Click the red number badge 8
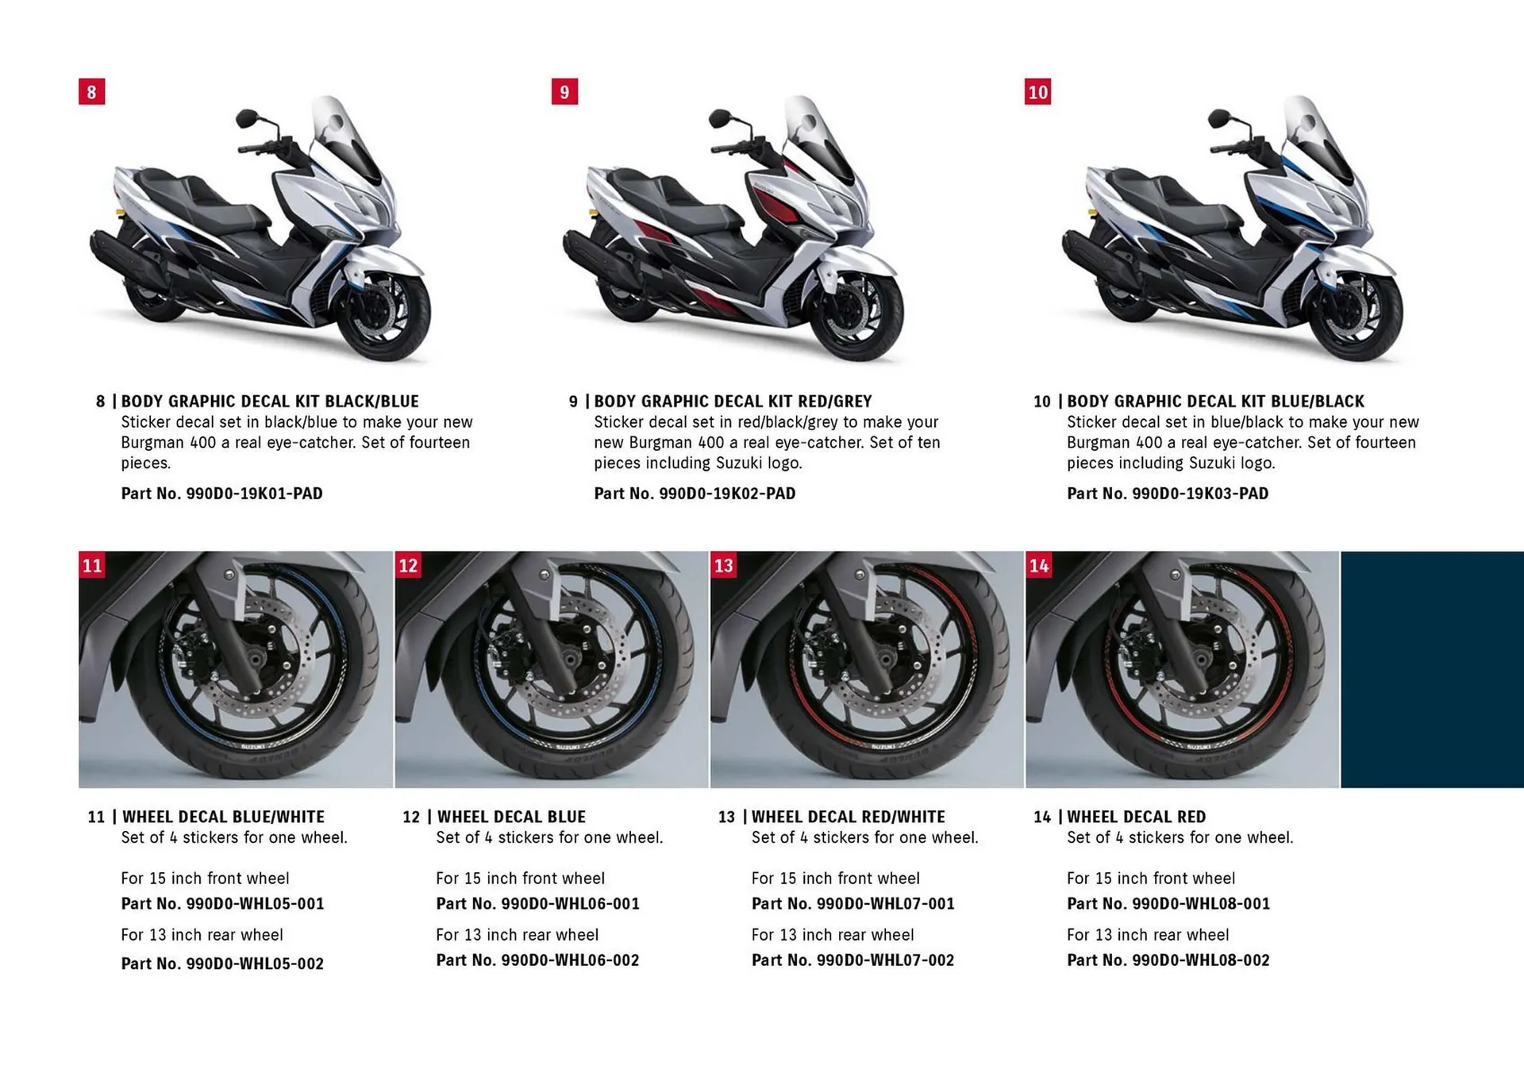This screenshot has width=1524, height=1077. pos(91,92)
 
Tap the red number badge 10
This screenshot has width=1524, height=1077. pos(1037,92)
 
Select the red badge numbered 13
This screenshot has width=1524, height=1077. pos(723,565)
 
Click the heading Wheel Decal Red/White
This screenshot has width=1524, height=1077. pos(848,817)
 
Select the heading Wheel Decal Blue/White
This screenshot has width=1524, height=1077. pos(223,817)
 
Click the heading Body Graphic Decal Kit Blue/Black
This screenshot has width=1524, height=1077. pos(1215,402)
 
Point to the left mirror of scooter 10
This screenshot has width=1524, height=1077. pos(1218,119)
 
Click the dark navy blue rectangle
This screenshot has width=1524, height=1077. pos(1432,669)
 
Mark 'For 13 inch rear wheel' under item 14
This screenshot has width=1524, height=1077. pos(1148,935)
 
